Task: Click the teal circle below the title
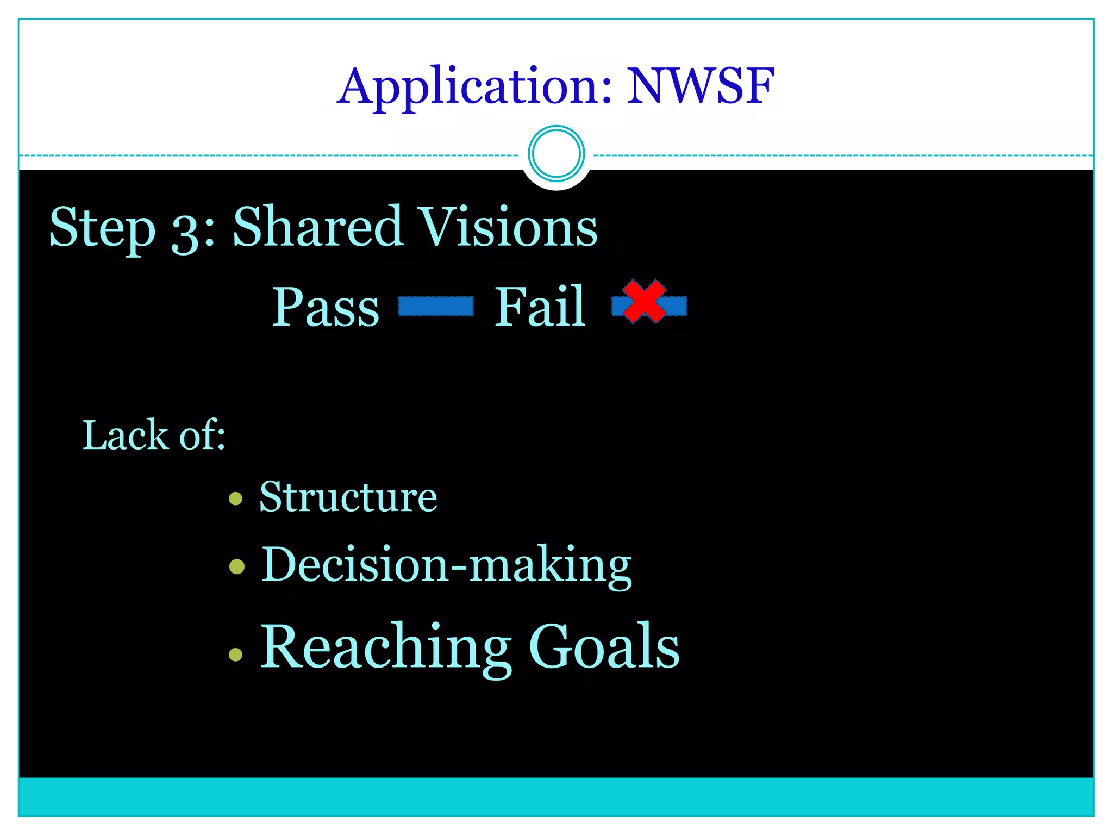(x=556, y=153)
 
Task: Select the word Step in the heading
(x=103, y=228)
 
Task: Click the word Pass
(x=326, y=308)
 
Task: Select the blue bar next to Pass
(x=436, y=306)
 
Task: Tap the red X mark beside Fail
(x=645, y=302)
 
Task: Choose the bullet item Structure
(x=348, y=497)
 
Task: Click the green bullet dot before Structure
(x=235, y=498)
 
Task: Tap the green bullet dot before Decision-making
(x=237, y=567)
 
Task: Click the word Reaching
(x=386, y=647)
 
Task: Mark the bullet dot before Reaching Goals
(x=235, y=654)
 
